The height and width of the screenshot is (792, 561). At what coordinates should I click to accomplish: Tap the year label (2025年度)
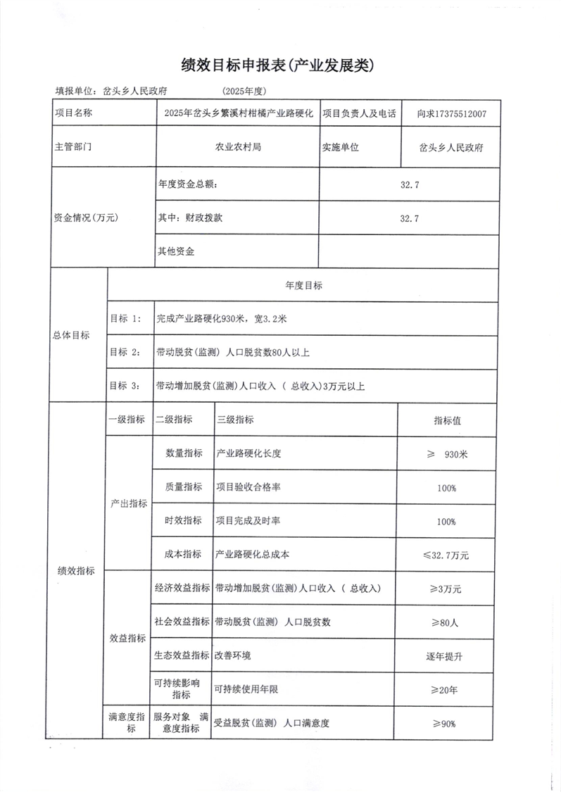point(244,92)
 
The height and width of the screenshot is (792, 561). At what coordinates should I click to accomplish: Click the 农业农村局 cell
point(238,148)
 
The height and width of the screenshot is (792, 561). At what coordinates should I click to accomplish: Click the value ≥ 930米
point(447,454)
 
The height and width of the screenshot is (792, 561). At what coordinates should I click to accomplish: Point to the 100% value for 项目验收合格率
point(446,488)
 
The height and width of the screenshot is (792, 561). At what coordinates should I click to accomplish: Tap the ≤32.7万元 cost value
point(446,555)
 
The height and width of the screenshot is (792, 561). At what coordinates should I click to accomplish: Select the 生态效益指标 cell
point(182,655)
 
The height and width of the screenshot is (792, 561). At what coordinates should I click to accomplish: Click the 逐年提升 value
point(445,656)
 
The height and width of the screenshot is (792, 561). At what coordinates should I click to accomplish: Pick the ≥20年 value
point(445,690)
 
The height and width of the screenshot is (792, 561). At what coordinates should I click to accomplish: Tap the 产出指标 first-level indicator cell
point(129,504)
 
